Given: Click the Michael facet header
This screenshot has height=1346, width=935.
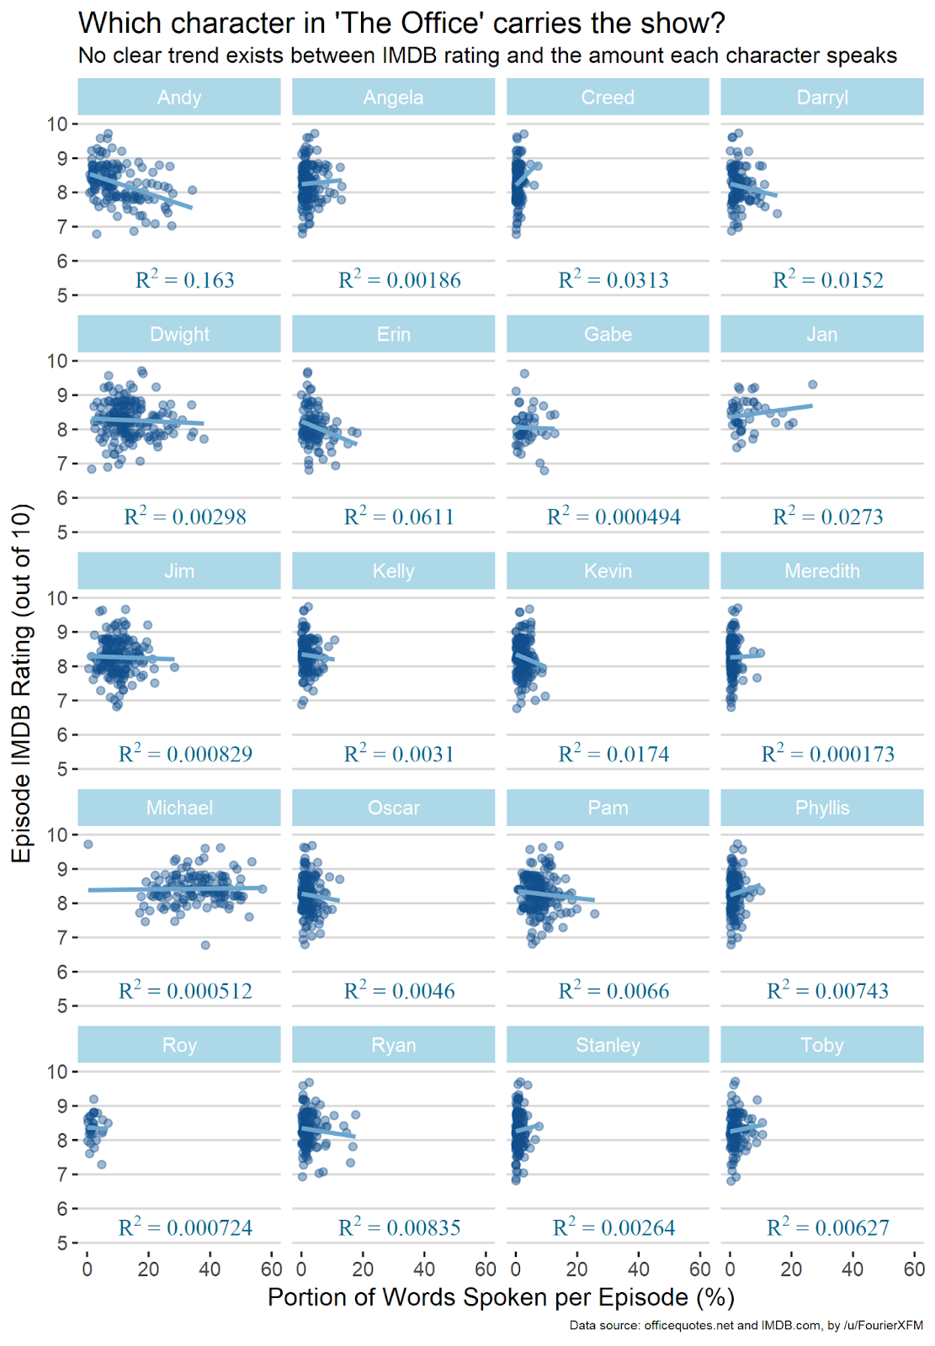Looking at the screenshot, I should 179,808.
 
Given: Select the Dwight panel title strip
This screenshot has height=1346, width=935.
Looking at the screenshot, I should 179,334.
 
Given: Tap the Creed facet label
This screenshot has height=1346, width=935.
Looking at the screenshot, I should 608,98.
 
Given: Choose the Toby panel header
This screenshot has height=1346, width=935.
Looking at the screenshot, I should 821,1045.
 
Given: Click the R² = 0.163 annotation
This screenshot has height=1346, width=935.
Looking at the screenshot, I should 185,280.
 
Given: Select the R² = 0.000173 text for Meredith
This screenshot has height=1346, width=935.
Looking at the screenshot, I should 828,754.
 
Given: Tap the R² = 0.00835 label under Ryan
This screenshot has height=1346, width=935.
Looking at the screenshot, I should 400,1227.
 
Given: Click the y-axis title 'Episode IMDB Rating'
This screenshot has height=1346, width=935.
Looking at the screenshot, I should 22,682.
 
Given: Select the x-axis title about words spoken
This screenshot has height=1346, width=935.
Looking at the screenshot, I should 501,1297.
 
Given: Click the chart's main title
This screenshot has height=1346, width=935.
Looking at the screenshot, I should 401,23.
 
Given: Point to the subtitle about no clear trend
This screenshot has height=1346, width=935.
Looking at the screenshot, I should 487,56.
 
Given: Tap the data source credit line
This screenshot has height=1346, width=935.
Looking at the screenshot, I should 746,1326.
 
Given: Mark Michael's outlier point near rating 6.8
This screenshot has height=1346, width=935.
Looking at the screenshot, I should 205,945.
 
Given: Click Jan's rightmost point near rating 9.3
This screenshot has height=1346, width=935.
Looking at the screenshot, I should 812,384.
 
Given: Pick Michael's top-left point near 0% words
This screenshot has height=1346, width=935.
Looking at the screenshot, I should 88,844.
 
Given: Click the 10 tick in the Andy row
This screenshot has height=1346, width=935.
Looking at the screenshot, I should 57,125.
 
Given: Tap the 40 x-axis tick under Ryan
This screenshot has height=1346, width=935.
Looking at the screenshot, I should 424,1269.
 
